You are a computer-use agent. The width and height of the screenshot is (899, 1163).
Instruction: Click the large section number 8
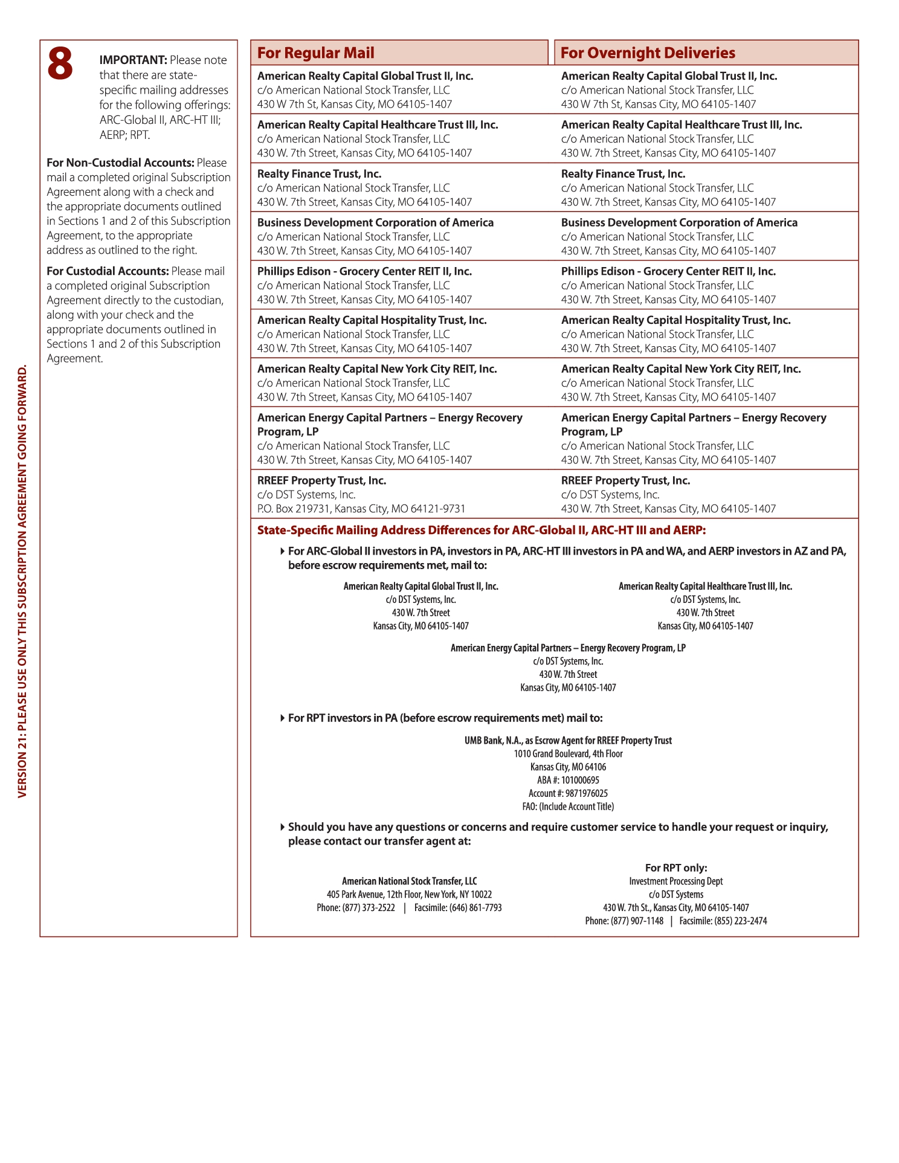point(60,64)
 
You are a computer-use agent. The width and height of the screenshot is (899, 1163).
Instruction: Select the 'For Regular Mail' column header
point(316,53)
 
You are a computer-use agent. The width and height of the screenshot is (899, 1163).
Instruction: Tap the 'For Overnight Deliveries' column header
point(648,53)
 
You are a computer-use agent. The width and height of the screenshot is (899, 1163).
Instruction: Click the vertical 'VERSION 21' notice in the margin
point(22,580)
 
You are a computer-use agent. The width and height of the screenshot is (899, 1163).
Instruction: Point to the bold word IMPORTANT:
point(133,60)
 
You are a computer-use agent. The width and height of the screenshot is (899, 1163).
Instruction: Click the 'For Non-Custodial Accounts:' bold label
point(120,163)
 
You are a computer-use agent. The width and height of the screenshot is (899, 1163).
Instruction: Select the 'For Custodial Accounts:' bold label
point(108,271)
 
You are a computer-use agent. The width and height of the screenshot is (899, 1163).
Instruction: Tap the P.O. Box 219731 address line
point(361,509)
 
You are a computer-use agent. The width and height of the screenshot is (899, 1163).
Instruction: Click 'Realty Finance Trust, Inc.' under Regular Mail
point(319,174)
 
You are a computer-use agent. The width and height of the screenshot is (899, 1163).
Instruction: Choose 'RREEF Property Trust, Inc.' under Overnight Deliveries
point(625,481)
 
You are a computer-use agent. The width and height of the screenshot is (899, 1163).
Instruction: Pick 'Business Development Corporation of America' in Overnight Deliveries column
point(679,223)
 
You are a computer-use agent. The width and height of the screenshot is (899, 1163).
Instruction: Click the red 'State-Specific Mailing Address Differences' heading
point(481,530)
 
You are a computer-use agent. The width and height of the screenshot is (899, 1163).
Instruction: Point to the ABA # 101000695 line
point(568,780)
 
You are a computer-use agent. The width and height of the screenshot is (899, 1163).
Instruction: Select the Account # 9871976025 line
point(568,793)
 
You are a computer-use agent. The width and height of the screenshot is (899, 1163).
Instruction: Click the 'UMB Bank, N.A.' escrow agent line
point(568,741)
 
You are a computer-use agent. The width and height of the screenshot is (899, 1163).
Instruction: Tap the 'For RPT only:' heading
point(676,868)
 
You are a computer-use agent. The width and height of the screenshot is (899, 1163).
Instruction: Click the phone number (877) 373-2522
point(369,908)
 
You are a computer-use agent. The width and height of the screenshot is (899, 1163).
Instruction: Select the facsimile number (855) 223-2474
point(741,921)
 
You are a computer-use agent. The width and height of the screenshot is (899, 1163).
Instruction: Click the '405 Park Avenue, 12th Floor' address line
point(409,895)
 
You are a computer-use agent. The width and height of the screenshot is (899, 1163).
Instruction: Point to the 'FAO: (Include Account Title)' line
point(568,807)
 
